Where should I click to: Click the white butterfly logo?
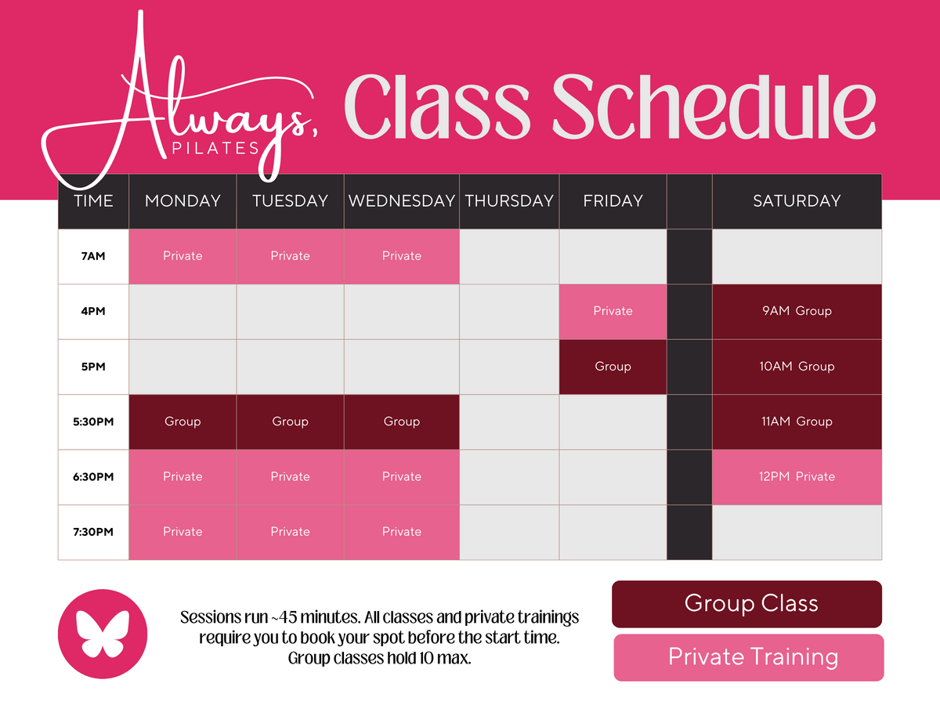coord(103,634)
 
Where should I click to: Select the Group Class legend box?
coord(747,603)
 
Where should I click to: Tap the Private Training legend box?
coord(749,657)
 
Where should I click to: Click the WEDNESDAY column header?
coord(402,201)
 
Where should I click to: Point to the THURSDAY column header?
coord(509,201)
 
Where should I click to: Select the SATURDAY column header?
coord(797,201)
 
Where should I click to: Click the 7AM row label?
coord(93,256)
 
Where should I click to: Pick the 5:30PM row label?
coord(93,422)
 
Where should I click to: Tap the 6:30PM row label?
coord(93,477)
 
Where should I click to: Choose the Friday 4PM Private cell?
coord(613,312)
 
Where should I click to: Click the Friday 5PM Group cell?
coord(613,367)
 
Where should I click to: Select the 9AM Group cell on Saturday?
coord(797,312)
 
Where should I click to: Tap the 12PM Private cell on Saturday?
coord(797,477)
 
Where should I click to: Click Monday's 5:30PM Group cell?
coord(183,422)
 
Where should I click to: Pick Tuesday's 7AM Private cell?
coord(290,256)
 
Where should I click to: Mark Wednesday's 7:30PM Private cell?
coord(402,533)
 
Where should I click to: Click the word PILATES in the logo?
coord(215,149)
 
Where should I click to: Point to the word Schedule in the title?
coord(714,107)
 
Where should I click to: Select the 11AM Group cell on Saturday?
coord(797,422)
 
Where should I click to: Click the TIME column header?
coord(93,201)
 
